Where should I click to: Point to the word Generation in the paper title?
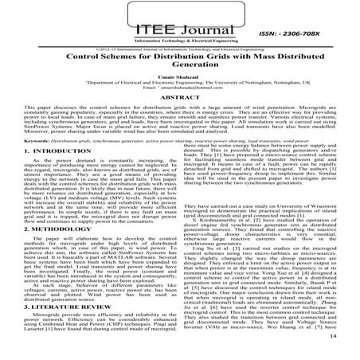(x=179, y=68)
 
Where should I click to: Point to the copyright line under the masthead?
(x=180, y=47)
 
